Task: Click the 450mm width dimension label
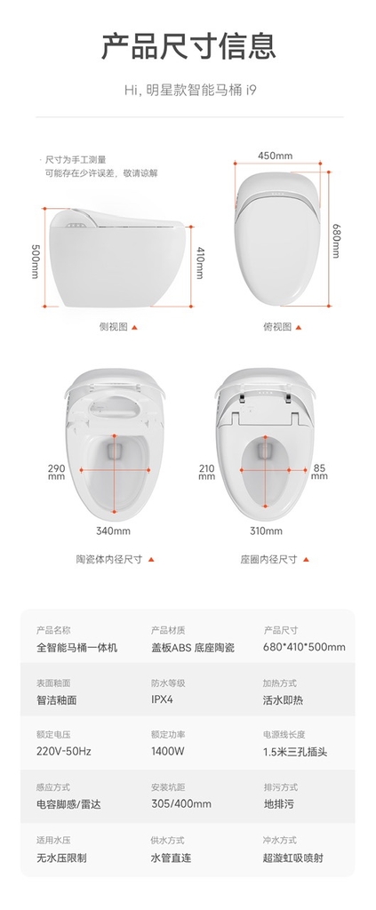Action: (x=275, y=156)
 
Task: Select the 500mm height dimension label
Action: (x=36, y=260)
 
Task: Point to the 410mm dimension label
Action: (x=199, y=263)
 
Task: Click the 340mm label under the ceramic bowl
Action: (x=113, y=531)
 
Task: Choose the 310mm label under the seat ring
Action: (x=267, y=531)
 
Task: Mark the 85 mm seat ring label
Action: (x=319, y=471)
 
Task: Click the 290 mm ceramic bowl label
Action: (x=57, y=471)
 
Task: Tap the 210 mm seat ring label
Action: (x=207, y=471)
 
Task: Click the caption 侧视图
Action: (x=113, y=327)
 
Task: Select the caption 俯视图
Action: (x=277, y=327)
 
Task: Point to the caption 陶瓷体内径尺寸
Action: (x=109, y=560)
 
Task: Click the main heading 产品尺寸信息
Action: (x=188, y=46)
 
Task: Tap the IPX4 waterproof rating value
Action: (x=162, y=699)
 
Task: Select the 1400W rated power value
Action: (x=168, y=751)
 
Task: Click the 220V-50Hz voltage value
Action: (x=64, y=751)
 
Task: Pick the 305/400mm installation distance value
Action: (x=181, y=803)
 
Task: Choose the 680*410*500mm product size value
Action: (x=304, y=647)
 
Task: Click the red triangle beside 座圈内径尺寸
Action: (x=306, y=560)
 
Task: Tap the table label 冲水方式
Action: (x=280, y=840)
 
